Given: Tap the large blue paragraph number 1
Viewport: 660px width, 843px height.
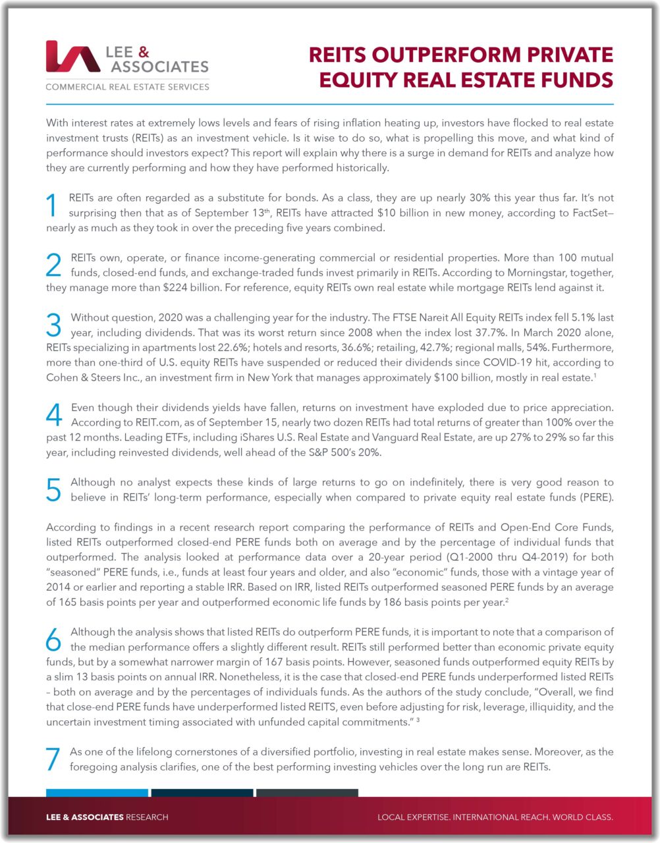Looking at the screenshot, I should click(53, 205).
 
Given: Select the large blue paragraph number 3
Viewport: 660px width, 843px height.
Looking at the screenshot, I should click(54, 325).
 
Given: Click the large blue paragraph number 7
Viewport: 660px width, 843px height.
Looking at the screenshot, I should click(53, 759).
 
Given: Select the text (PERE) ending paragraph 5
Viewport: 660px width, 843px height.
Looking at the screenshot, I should click(596, 497).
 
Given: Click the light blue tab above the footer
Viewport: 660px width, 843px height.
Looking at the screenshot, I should click(97, 792).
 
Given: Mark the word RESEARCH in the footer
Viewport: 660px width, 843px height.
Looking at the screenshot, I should click(147, 817).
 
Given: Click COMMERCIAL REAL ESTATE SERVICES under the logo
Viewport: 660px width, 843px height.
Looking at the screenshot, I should click(127, 87).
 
